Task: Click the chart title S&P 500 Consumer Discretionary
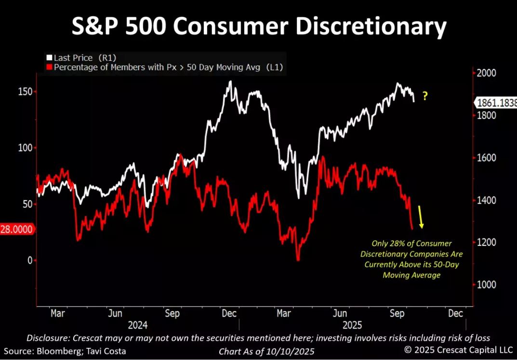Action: click(258, 28)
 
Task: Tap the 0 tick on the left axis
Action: click(29, 260)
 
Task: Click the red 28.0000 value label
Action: click(17, 229)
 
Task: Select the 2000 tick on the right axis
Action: click(486, 73)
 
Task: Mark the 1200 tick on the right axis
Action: click(486, 242)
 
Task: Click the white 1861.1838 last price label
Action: click(497, 102)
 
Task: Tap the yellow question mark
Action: click(425, 96)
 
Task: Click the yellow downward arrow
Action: click(421, 216)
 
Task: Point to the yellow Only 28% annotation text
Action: click(411, 259)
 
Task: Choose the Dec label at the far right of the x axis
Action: click(455, 313)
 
